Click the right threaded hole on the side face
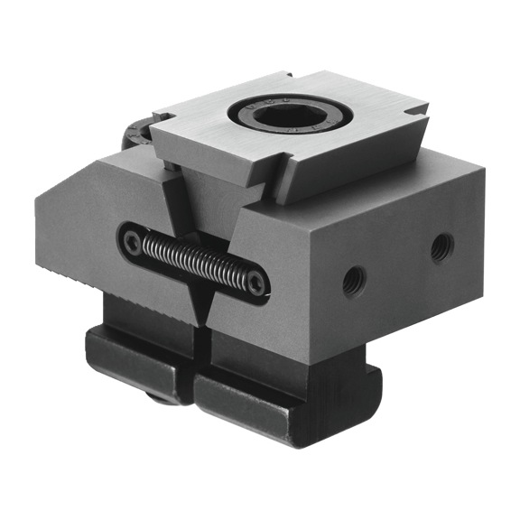pos(441,246)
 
